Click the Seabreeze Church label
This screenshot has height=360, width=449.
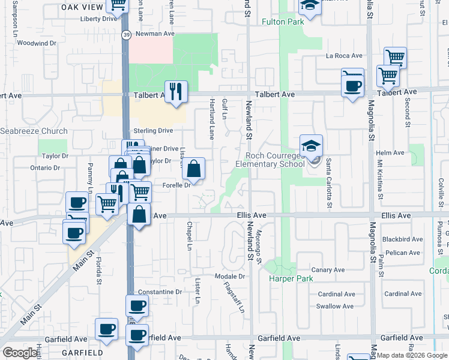tap(34, 131)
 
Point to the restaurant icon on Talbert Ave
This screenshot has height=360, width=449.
tap(176, 92)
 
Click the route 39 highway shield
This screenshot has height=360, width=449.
tap(127, 35)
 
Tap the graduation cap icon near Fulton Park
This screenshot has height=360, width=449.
tap(310, 7)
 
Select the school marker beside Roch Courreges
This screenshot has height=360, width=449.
tap(312, 146)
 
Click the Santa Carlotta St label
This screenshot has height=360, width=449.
tap(329, 179)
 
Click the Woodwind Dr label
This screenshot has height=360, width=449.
tap(37, 43)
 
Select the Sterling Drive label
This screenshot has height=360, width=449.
tap(153, 130)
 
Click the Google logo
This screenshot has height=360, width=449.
tap(20, 353)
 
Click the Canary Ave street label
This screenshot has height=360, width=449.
tap(328, 270)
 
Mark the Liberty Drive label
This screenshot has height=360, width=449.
tap(99, 19)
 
